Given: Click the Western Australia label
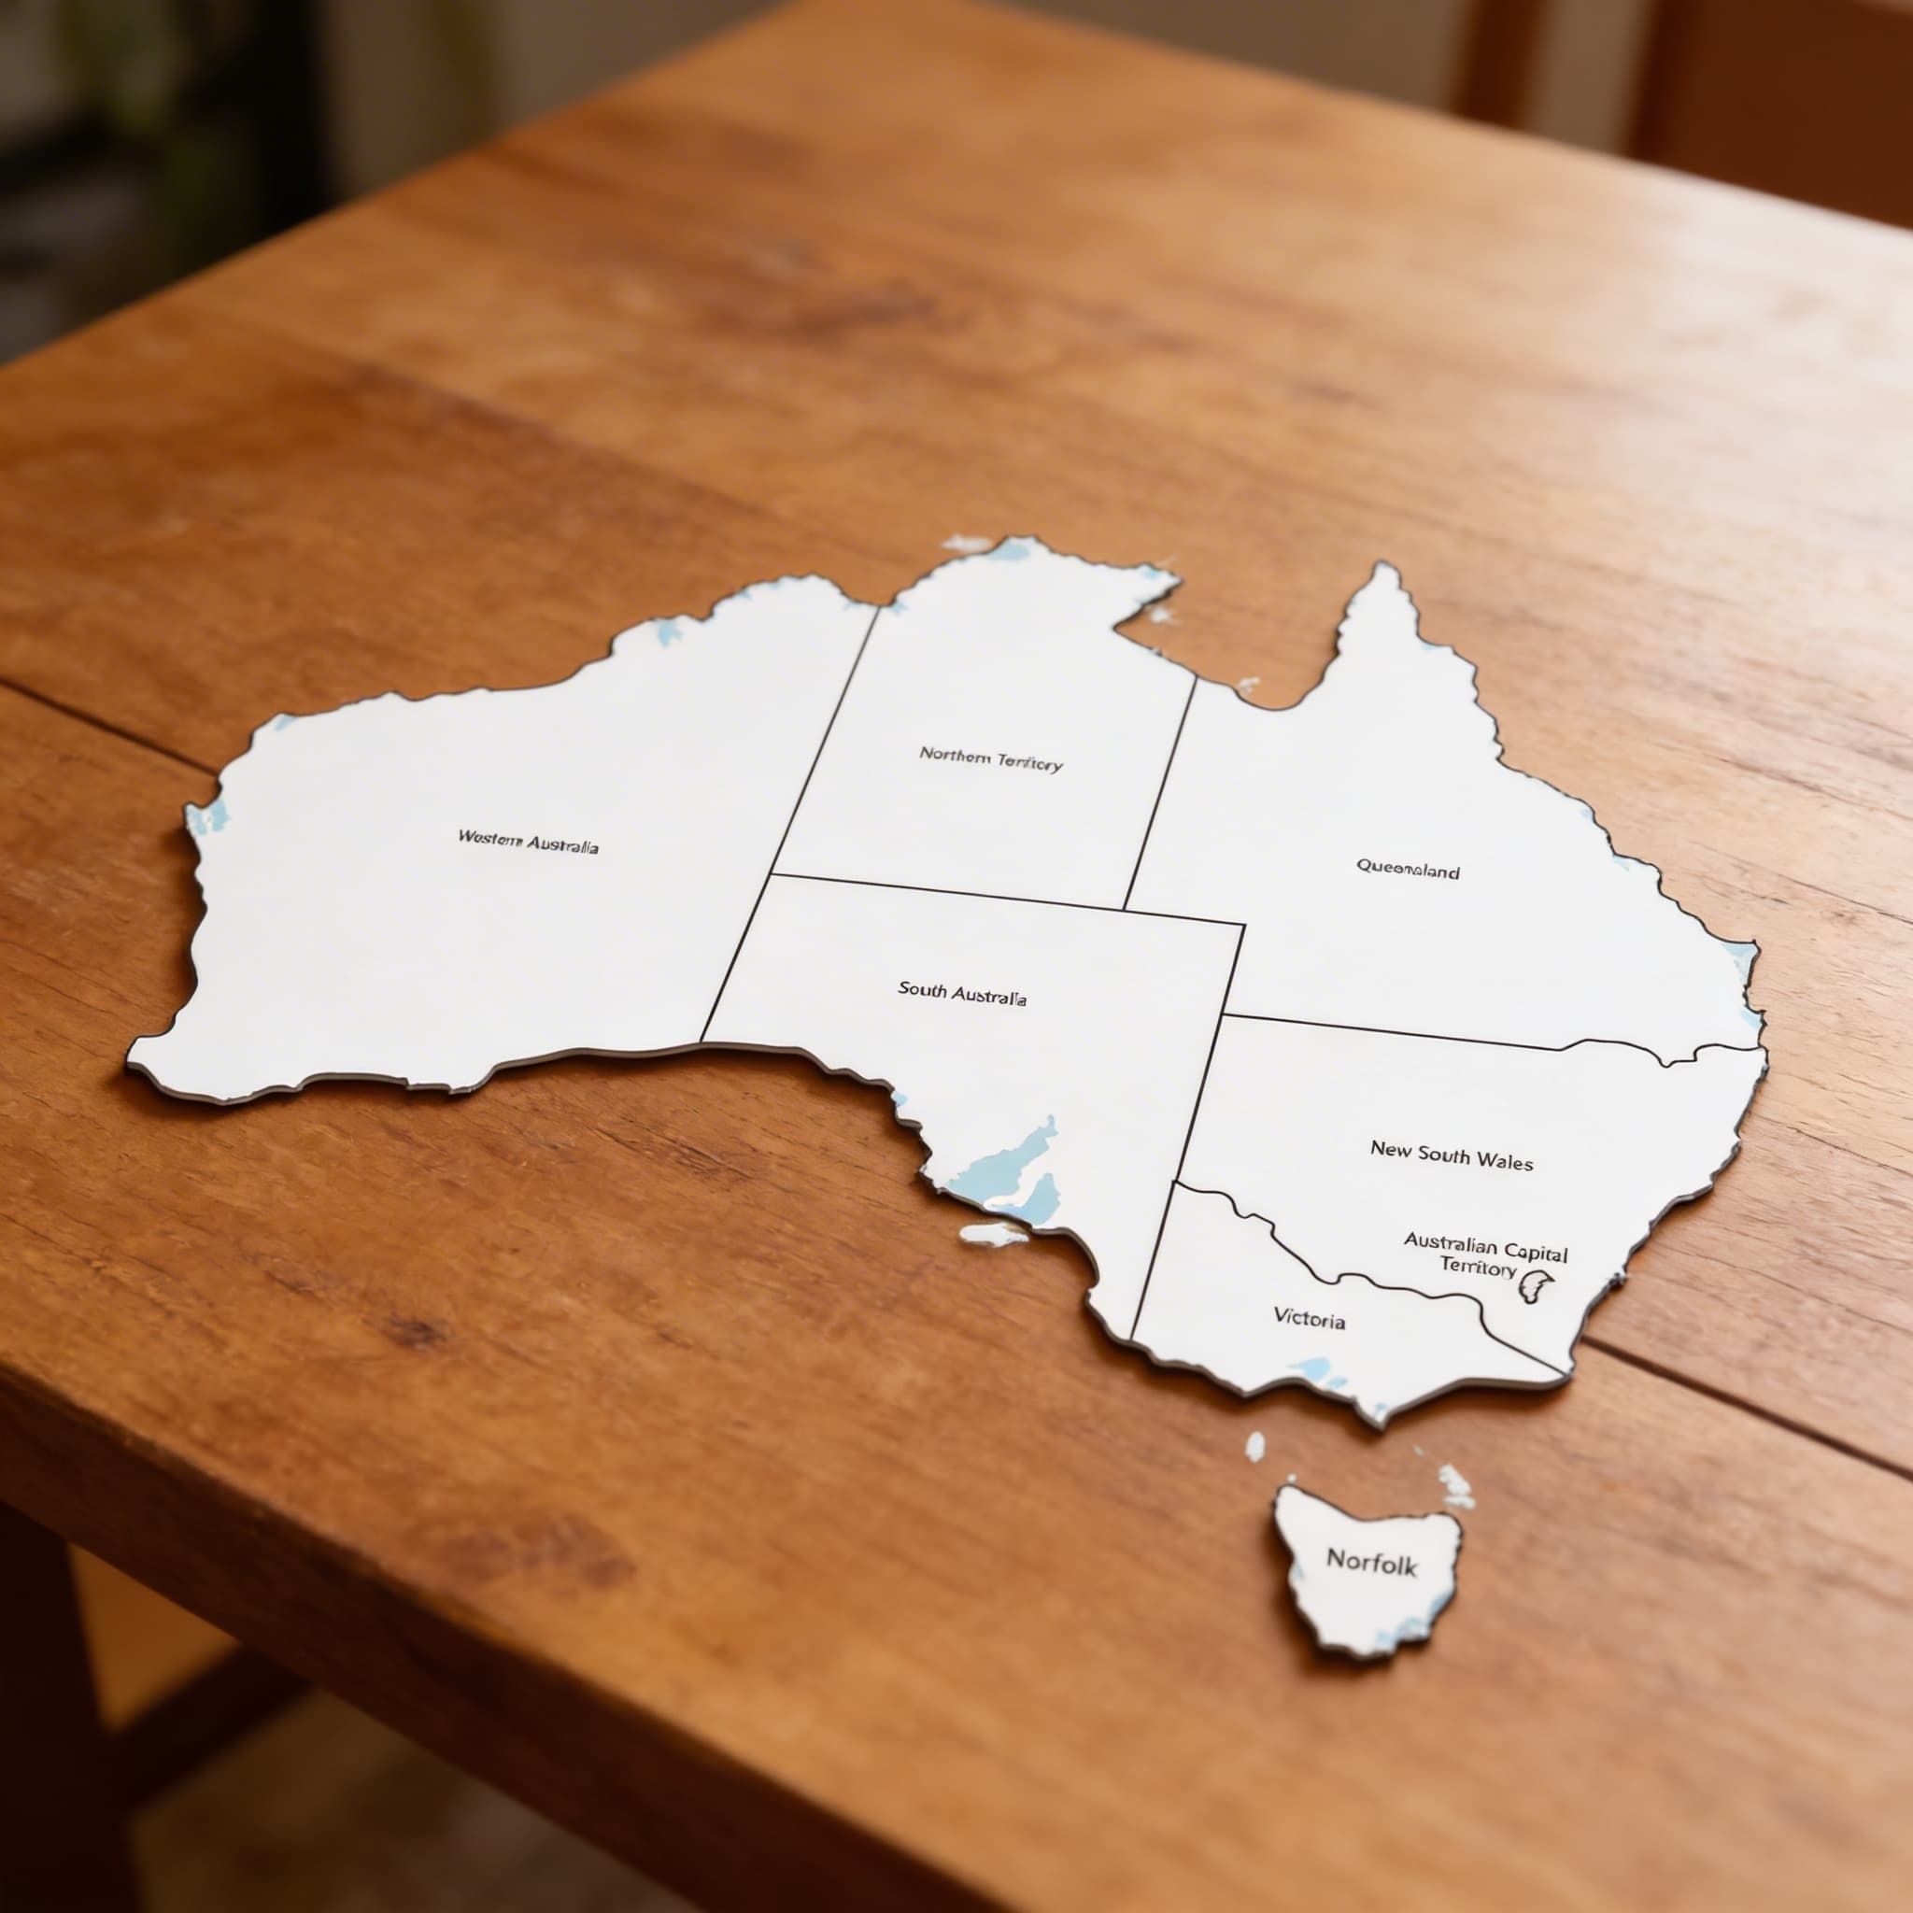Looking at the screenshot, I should click(527, 843).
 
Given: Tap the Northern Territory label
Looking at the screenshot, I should click(990, 759).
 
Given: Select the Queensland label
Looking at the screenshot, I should click(1407, 870).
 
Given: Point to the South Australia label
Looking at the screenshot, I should click(961, 992).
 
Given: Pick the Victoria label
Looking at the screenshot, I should click(1309, 1318).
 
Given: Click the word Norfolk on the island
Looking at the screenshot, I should click(1371, 1562).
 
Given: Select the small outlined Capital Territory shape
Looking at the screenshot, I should click(1535, 1287).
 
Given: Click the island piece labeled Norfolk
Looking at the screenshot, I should click(1367, 1604).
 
